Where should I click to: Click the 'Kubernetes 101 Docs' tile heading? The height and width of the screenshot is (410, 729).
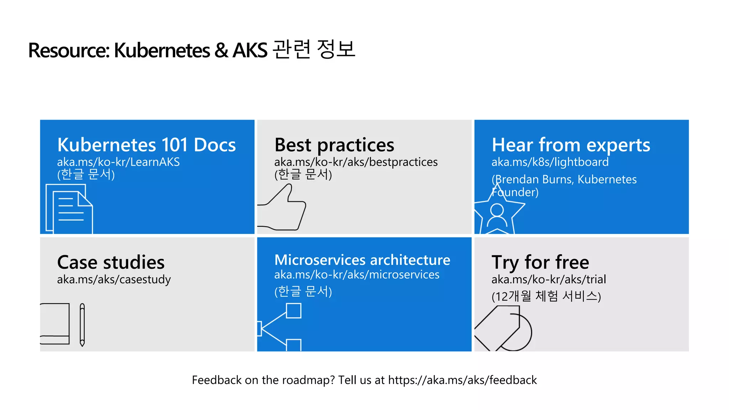[146, 145]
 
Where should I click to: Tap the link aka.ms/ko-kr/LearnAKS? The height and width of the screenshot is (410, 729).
[118, 162]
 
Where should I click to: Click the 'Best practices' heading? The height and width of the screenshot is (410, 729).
[334, 145]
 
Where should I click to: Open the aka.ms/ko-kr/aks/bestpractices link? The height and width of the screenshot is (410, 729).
[356, 162]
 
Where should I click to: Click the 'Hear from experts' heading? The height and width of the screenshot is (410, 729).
[571, 145]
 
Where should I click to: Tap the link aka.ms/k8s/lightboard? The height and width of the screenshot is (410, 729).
[550, 162]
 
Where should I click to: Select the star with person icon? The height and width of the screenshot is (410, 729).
[498, 214]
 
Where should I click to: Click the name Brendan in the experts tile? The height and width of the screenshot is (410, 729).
[515, 179]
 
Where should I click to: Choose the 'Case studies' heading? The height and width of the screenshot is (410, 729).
[111, 262]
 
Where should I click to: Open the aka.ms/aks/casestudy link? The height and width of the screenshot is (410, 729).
[114, 280]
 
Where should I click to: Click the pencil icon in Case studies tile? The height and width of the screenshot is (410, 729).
[82, 325]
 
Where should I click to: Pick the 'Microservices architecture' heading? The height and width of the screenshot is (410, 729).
[362, 260]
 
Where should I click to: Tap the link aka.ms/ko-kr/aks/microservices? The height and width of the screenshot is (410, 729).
[357, 275]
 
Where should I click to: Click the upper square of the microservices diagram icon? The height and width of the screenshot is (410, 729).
[294, 311]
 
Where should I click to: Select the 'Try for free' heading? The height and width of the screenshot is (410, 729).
[540, 262]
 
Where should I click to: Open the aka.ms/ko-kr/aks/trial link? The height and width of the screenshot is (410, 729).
[549, 280]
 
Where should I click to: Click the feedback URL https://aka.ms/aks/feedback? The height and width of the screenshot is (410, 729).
[462, 380]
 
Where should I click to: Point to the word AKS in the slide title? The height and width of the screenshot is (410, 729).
[250, 50]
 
